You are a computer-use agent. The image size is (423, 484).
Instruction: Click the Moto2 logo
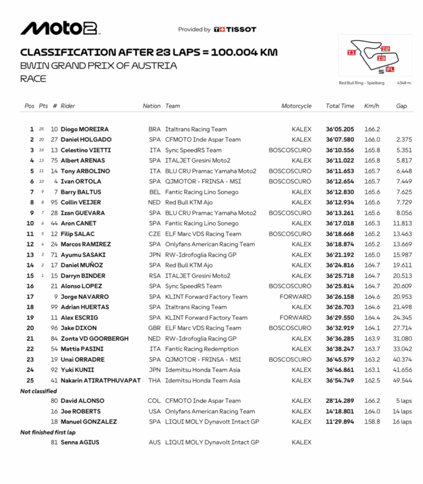59,29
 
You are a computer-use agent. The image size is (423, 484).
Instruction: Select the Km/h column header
371,106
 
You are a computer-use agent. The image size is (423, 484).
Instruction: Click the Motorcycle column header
296,106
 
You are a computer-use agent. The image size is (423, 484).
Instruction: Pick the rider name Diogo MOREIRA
85,130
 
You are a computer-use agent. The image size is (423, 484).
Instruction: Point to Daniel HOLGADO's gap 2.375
403,140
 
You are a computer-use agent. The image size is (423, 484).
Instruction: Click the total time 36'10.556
339,150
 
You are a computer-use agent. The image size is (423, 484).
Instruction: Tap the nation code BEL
155,192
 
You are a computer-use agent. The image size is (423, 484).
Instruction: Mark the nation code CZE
155,234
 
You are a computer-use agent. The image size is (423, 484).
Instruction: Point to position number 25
30,380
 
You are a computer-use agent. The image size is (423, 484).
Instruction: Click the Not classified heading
38,391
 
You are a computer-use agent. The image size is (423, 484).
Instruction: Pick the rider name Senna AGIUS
80,442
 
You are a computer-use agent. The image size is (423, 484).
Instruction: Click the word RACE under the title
33,79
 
